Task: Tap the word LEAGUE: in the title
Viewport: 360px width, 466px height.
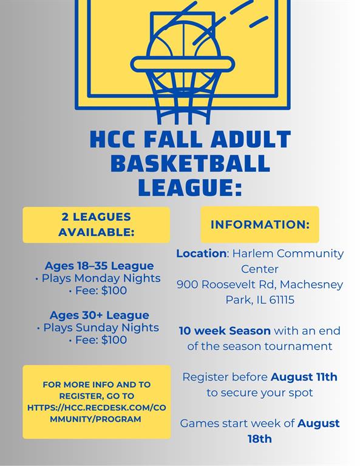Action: point(190,187)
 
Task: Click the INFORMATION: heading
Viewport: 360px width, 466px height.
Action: point(260,225)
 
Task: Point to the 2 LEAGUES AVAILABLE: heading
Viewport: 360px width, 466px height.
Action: point(97,225)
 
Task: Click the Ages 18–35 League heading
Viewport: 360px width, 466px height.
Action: point(100,265)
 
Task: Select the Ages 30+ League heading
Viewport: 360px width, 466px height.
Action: point(100,315)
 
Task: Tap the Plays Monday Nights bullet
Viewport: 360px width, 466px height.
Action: point(98,278)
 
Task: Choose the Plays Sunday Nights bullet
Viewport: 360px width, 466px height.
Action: point(98,328)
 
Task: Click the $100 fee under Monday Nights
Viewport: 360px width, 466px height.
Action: point(114,291)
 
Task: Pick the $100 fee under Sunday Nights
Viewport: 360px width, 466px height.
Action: point(114,340)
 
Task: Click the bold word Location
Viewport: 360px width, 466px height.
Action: point(202,254)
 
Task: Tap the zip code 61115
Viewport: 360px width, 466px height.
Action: point(282,300)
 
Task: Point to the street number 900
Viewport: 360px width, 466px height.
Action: point(187,285)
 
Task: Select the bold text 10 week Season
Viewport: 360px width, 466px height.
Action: point(225,331)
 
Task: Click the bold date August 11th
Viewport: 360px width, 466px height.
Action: point(304,377)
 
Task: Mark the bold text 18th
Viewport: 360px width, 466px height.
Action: point(260,439)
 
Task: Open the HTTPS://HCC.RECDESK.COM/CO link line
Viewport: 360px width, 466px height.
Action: point(97,408)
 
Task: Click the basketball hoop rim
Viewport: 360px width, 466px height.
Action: point(183,64)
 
